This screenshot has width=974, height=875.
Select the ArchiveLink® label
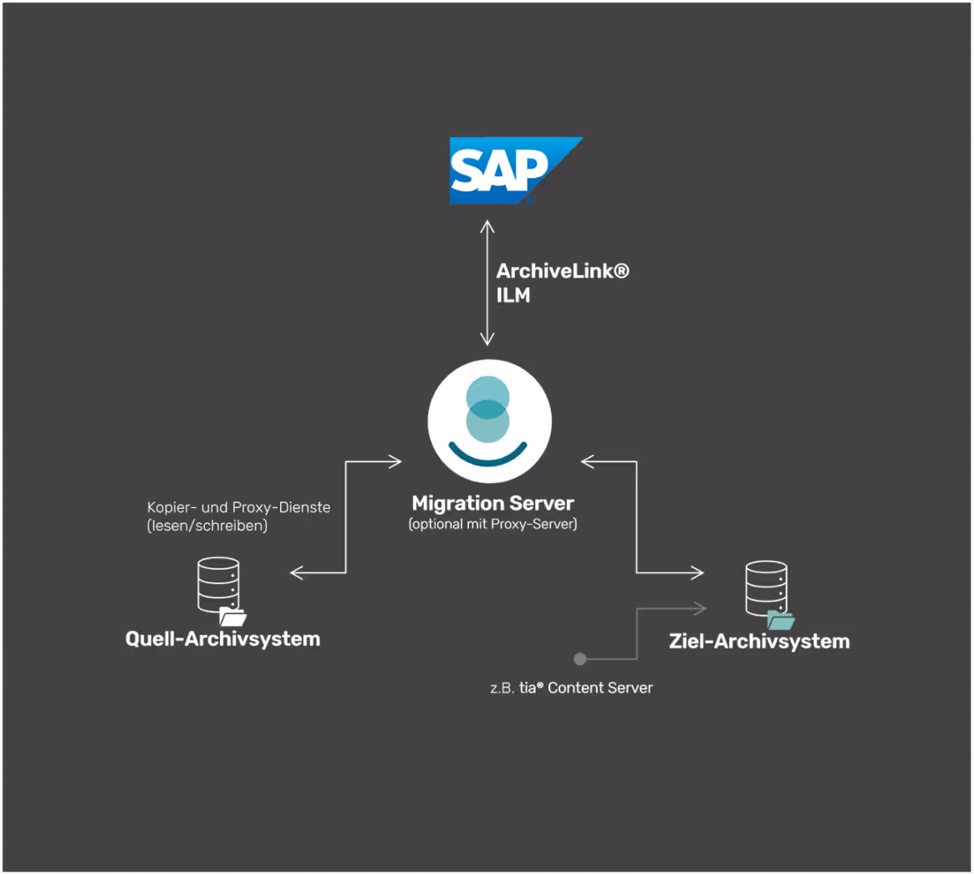tap(563, 272)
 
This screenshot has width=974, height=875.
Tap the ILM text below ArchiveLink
tap(513, 295)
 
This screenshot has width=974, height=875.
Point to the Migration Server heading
tap(492, 504)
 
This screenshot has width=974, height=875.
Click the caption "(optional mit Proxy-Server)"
tap(492, 525)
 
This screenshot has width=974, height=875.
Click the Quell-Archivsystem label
tap(222, 639)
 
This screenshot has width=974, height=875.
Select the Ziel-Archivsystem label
tap(759, 642)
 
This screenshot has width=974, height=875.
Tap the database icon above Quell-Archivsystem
tap(217, 584)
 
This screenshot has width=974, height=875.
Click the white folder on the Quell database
tap(232, 618)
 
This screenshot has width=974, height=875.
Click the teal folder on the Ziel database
tap(781, 620)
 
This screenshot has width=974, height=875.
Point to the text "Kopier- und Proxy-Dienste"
tap(238, 507)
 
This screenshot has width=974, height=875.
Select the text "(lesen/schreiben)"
tap(207, 527)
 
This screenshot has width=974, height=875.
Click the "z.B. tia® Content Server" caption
tap(572, 688)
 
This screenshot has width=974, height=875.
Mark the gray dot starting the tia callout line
tap(580, 659)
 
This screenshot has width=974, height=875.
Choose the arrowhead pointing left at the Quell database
tap(295, 572)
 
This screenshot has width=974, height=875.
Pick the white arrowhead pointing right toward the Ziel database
tap(698, 572)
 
